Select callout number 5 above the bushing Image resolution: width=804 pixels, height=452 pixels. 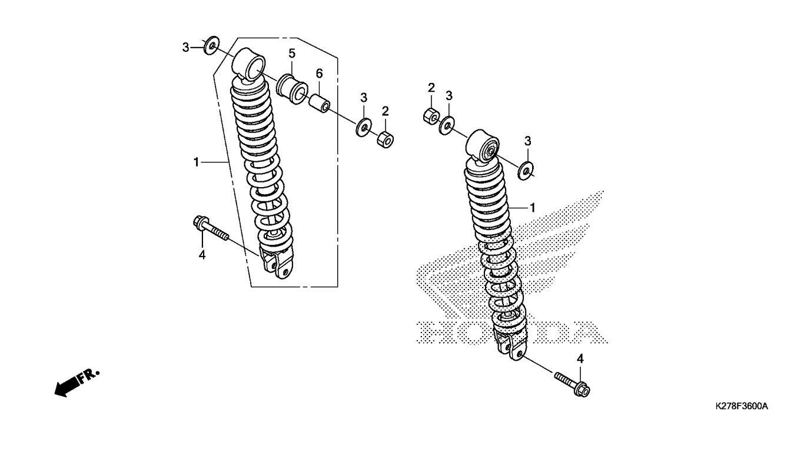(x=292, y=54)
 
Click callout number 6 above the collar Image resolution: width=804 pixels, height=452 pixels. (x=319, y=74)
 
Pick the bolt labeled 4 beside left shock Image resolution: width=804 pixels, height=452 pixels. (x=210, y=228)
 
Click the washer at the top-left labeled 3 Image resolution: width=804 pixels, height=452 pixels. (x=212, y=45)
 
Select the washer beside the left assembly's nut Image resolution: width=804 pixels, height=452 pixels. (x=364, y=127)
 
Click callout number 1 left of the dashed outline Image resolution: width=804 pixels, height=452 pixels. (x=197, y=162)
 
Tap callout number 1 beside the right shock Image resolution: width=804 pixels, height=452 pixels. (x=533, y=208)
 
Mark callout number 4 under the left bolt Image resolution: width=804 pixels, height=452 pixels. (x=202, y=255)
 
